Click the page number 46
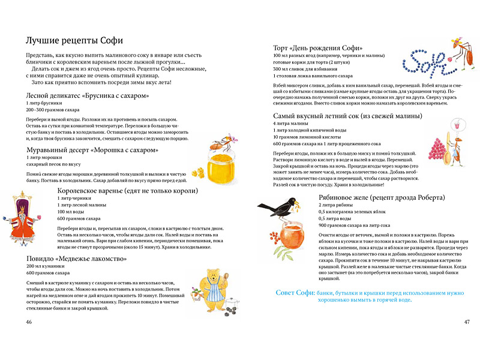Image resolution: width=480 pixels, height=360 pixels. coord(29,322)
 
